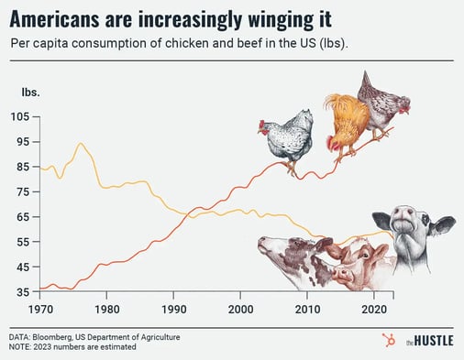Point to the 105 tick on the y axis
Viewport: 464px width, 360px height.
[20, 117]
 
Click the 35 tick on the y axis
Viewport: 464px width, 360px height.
[20, 292]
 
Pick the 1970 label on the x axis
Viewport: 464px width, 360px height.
[39, 309]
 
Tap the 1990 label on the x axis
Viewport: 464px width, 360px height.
[173, 309]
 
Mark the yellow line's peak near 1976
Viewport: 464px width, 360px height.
[81, 143]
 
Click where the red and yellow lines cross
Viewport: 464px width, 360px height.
[190, 214]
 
